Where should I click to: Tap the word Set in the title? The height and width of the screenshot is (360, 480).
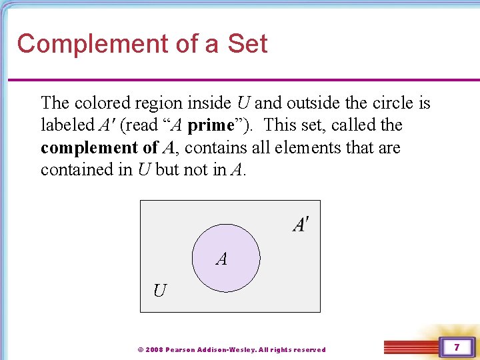pyautogui.click(x=247, y=44)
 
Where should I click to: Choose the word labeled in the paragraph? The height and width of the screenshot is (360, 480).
pyautogui.click(x=65, y=125)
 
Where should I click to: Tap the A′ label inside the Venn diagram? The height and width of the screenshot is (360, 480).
pyautogui.click(x=301, y=225)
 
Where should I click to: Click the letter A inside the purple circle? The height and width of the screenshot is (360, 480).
pyautogui.click(x=222, y=259)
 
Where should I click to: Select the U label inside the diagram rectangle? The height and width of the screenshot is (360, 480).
pyautogui.click(x=160, y=291)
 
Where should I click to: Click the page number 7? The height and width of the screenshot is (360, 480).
pyautogui.click(x=457, y=347)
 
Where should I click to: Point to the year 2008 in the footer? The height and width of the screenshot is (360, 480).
pyautogui.click(x=154, y=349)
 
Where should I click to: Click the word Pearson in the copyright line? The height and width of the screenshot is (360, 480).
pyautogui.click(x=181, y=349)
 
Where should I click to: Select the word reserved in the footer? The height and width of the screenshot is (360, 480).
pyautogui.click(x=309, y=349)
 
